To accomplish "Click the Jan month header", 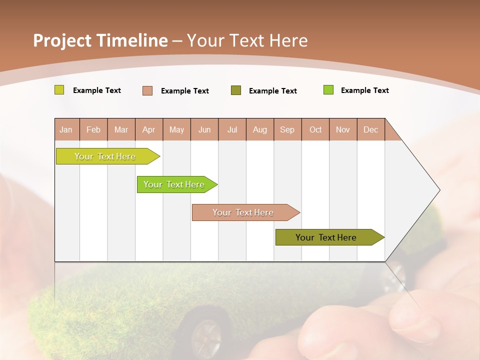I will tap(66, 130).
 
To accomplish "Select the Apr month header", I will tap(149, 130).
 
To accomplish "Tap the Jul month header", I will tap(232, 130).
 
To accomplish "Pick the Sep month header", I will tap(287, 130).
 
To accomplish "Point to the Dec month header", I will tap(370, 130).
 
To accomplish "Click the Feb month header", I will tap(93, 130).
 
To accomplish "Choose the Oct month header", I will tap(315, 130).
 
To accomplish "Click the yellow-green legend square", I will tap(59, 90).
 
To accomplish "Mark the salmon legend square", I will tap(147, 90).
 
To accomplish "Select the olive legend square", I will tap(236, 90).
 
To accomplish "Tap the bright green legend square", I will tap(328, 90).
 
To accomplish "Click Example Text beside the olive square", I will tap(272, 91).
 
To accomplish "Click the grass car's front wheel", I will tap(205, 332).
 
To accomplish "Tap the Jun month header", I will tap(204, 130).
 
